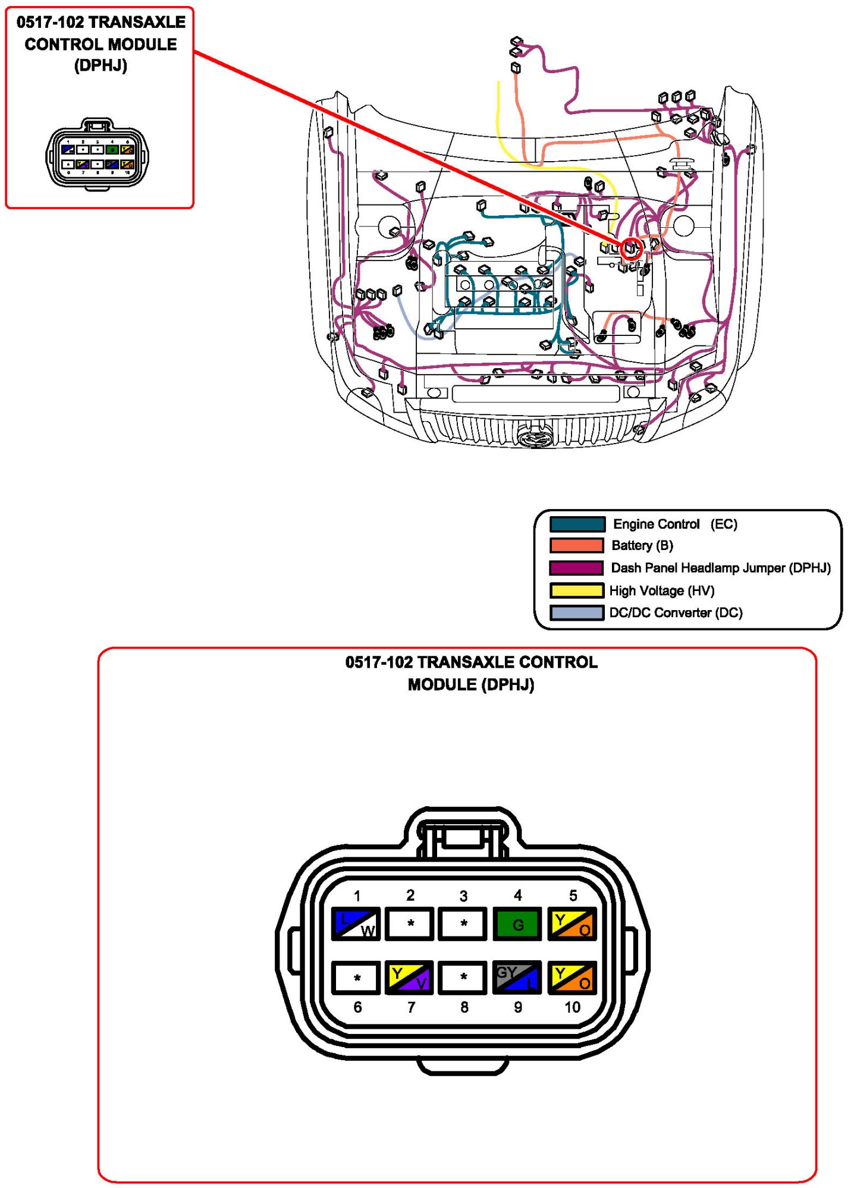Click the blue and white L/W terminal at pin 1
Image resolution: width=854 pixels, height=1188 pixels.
click(x=356, y=923)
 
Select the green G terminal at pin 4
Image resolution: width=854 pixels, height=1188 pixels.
click(x=517, y=923)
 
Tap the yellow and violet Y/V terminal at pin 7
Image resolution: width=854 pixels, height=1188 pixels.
click(x=409, y=977)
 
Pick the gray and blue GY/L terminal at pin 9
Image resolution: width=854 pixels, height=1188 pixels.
click(x=517, y=977)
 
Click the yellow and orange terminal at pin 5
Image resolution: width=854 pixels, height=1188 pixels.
click(x=571, y=923)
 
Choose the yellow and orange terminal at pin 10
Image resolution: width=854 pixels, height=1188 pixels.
click(x=571, y=977)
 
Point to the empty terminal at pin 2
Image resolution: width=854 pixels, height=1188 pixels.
click(x=410, y=923)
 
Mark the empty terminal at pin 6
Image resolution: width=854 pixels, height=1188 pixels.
click(x=356, y=977)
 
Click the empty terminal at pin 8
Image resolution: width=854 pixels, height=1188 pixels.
click(x=463, y=977)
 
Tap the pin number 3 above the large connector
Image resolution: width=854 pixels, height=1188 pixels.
click(x=463, y=895)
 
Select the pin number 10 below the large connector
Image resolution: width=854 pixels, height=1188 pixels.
click(x=572, y=1007)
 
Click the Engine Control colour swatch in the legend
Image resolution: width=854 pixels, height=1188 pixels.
click(x=577, y=524)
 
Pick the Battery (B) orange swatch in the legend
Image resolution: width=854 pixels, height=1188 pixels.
click(x=577, y=545)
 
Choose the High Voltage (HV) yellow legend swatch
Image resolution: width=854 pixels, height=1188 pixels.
click(x=577, y=590)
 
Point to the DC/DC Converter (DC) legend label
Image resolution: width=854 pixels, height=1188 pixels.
click(x=676, y=612)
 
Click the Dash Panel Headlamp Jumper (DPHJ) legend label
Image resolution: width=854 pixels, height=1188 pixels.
click(x=720, y=568)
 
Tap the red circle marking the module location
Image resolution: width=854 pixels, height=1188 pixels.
click(x=631, y=248)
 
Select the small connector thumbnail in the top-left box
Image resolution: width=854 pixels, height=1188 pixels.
click(x=98, y=154)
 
